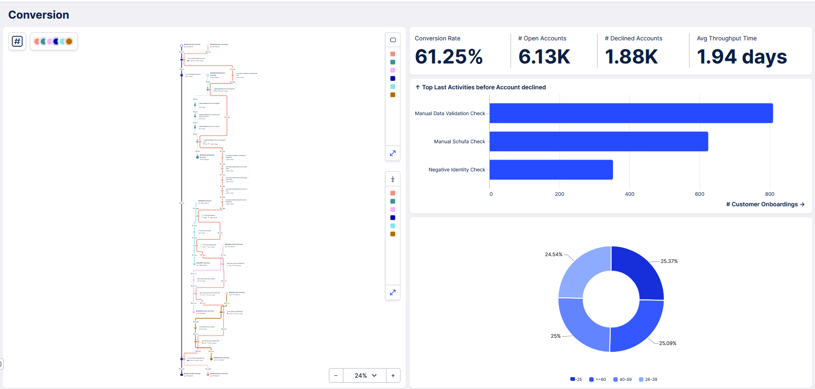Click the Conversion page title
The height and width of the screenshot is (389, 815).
point(39,15)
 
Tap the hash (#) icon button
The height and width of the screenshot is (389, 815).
point(17,41)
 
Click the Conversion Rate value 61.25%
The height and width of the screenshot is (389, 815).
point(448,57)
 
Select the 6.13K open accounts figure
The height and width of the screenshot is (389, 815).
point(544,57)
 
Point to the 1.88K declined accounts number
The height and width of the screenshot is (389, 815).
point(631,57)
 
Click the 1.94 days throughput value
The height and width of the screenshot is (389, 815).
point(742,57)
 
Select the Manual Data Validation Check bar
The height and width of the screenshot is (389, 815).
point(631,113)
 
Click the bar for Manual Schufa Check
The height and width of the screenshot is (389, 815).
point(598,141)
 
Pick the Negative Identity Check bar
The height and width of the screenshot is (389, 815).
point(551,170)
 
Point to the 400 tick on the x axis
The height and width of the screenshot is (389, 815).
point(629,194)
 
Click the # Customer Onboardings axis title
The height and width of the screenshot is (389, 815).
point(765,204)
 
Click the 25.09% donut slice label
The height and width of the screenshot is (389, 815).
point(667,343)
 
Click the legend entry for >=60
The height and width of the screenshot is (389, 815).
point(598,379)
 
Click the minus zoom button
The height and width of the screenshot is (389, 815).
point(336,375)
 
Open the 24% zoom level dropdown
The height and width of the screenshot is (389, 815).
point(365,375)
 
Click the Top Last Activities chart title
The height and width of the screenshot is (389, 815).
point(483,88)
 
